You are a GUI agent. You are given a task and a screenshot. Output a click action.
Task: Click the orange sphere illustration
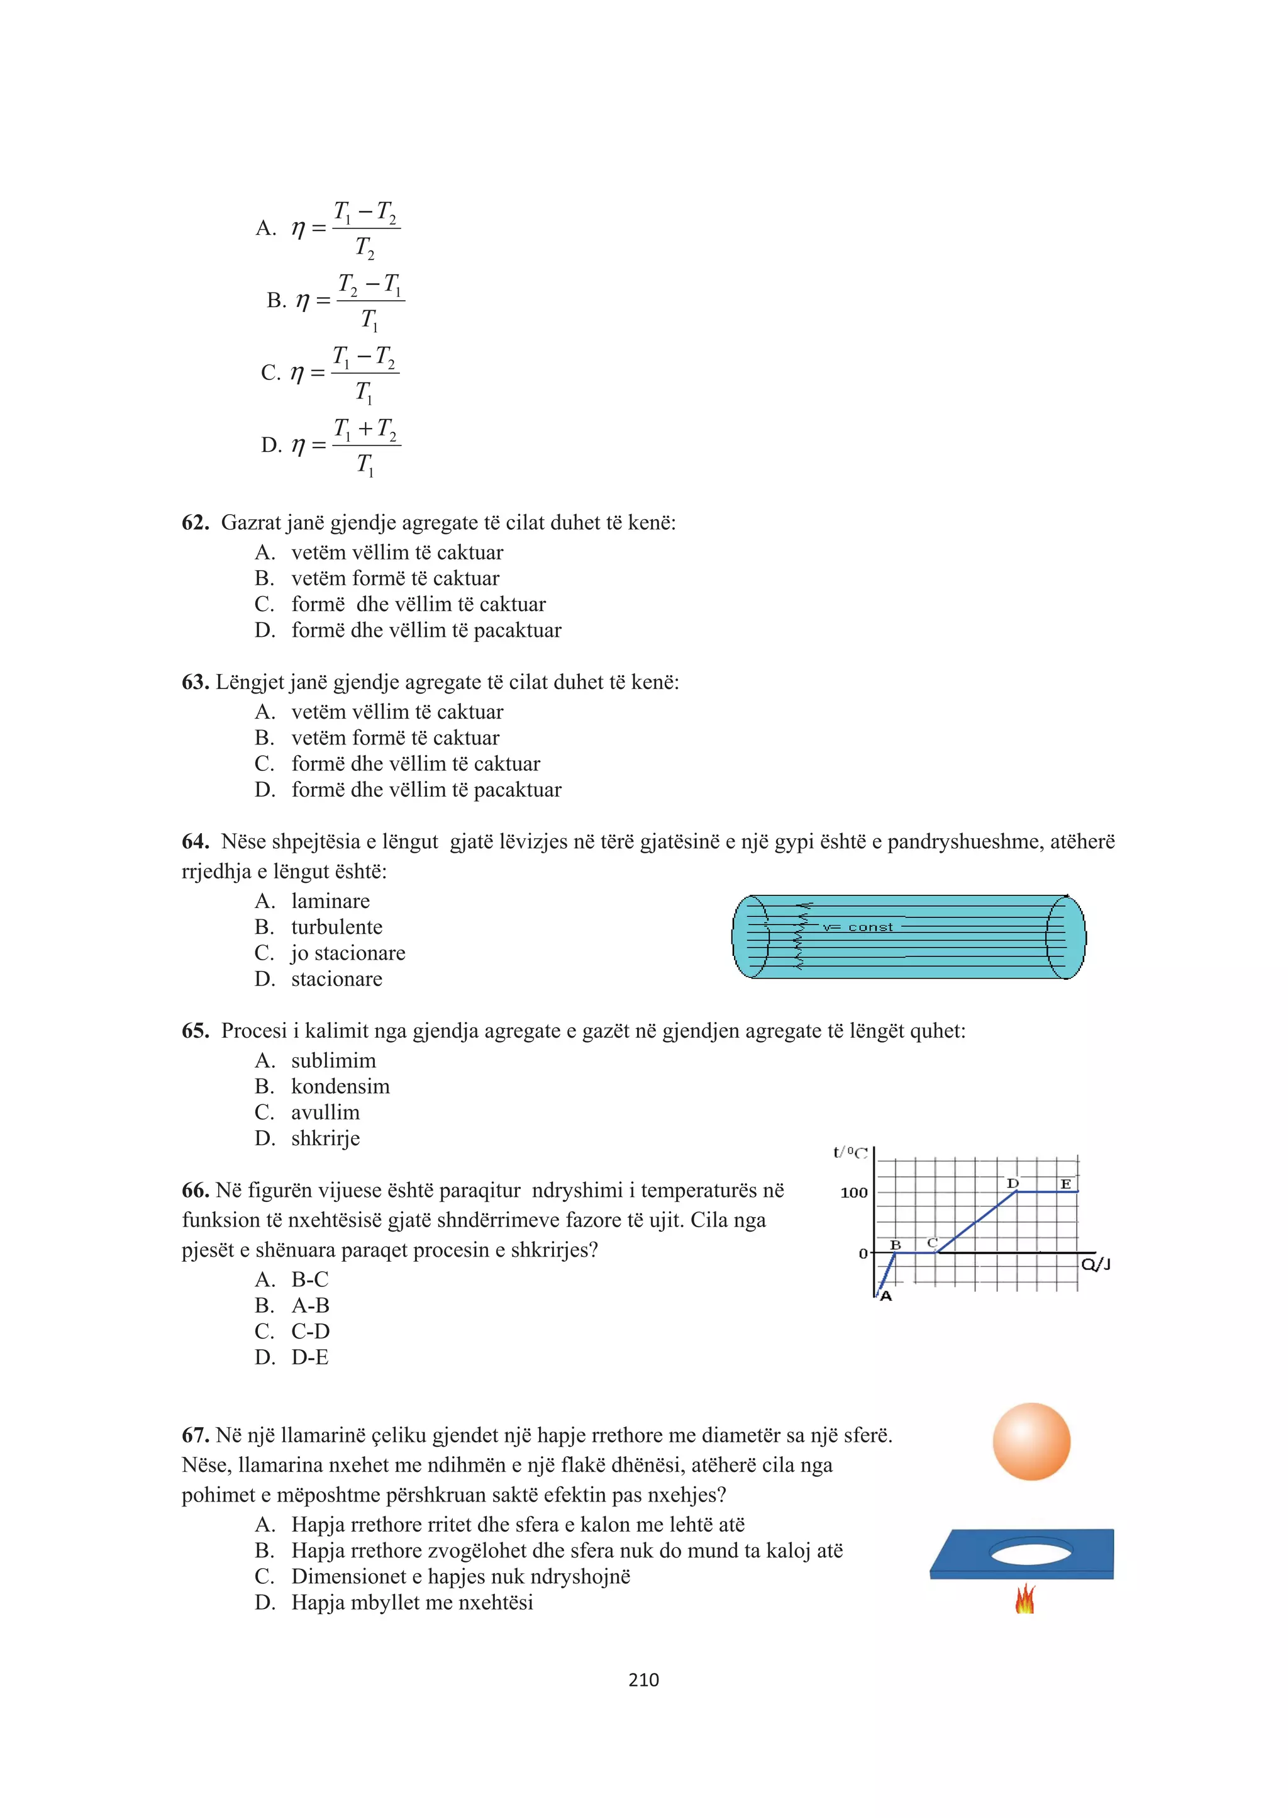(x=1031, y=1441)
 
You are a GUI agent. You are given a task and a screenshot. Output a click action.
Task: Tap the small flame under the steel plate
(x=1024, y=1599)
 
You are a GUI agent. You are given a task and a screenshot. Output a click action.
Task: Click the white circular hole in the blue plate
(x=1031, y=1551)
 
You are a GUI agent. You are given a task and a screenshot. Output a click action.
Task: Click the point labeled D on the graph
(x=1013, y=1183)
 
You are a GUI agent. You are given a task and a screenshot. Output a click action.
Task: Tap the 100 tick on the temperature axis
(x=854, y=1192)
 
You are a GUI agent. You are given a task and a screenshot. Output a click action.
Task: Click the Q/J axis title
(x=1096, y=1264)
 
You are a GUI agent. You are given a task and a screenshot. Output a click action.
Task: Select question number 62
(x=195, y=522)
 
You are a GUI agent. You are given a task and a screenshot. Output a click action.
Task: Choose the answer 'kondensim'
(x=340, y=1086)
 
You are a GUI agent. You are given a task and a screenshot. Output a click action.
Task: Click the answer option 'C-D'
(x=310, y=1331)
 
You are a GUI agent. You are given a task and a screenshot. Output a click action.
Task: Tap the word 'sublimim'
(x=333, y=1060)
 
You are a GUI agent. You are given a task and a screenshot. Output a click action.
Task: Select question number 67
(x=195, y=1435)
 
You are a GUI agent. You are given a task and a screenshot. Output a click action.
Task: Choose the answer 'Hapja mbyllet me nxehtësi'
(x=412, y=1602)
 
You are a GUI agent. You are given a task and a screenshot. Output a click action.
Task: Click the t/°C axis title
(x=850, y=1152)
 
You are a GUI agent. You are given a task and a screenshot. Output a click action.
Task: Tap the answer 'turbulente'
(x=336, y=927)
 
